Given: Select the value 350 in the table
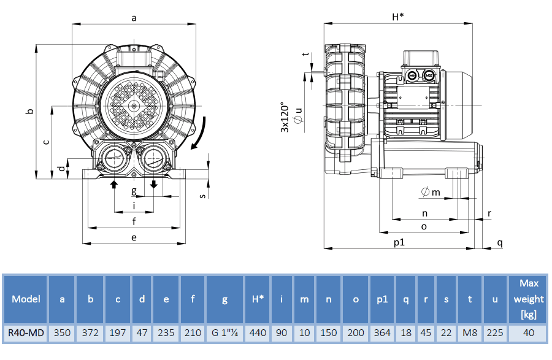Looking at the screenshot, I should point(62,333).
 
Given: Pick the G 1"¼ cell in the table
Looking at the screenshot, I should point(224,333).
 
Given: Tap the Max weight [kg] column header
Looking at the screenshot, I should point(529,299).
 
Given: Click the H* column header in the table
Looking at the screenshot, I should point(258,299).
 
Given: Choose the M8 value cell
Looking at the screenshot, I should point(470,333).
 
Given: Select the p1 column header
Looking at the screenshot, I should point(382,299).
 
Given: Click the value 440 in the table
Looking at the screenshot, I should point(258,333).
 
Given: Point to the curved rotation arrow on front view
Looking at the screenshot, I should point(200,134).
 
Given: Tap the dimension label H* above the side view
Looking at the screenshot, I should point(397,17).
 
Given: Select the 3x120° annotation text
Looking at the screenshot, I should point(285,117).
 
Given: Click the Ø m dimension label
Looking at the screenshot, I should point(431,193).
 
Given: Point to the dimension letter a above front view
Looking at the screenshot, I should point(134,18).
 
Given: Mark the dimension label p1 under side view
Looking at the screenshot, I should point(399,242).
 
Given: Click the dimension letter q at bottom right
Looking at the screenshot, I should point(500,242).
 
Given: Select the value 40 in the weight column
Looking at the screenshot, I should point(529,333).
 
